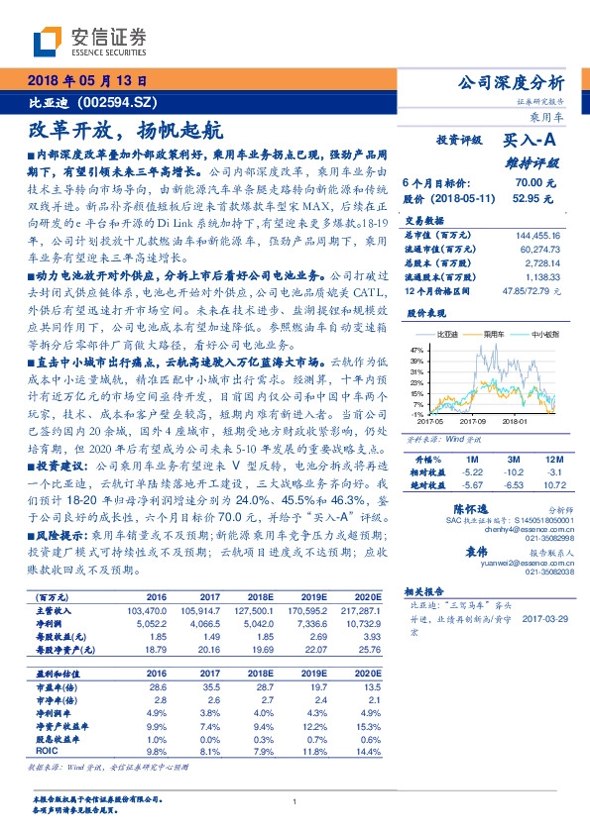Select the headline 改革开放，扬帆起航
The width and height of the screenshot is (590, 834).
click(x=123, y=130)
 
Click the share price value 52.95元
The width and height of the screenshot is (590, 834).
click(x=531, y=198)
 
